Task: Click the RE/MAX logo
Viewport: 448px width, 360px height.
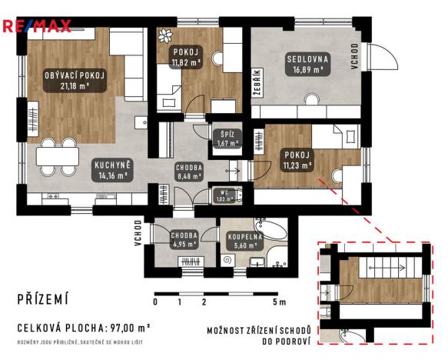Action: point(37,27)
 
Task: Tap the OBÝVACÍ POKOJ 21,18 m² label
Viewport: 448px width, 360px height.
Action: point(74,81)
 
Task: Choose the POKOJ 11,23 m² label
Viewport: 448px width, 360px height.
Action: point(296,159)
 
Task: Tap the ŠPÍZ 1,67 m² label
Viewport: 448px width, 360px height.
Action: point(226,138)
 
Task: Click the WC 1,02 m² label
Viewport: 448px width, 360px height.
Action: point(224,196)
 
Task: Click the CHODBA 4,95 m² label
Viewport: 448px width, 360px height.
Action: point(184,239)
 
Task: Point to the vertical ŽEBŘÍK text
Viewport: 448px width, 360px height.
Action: point(257,81)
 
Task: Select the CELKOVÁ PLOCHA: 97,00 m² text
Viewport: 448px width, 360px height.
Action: point(82,326)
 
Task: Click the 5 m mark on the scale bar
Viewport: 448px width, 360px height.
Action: point(283,302)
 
